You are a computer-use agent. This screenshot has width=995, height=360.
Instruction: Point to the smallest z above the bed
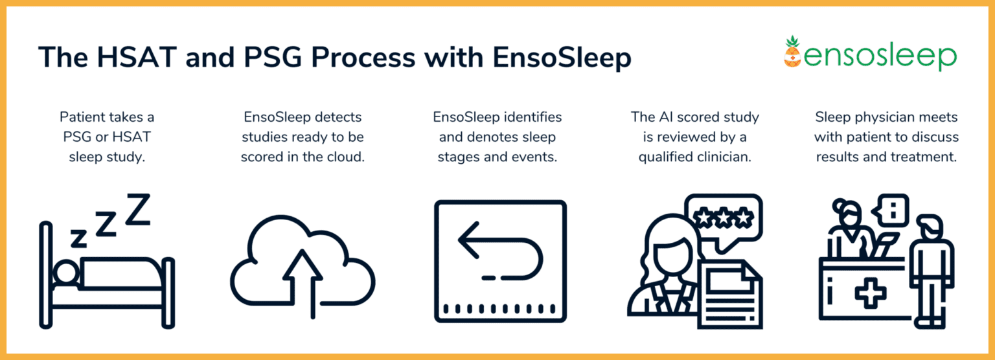click(78, 238)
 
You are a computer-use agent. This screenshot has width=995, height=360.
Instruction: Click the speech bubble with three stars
click(724, 218)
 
